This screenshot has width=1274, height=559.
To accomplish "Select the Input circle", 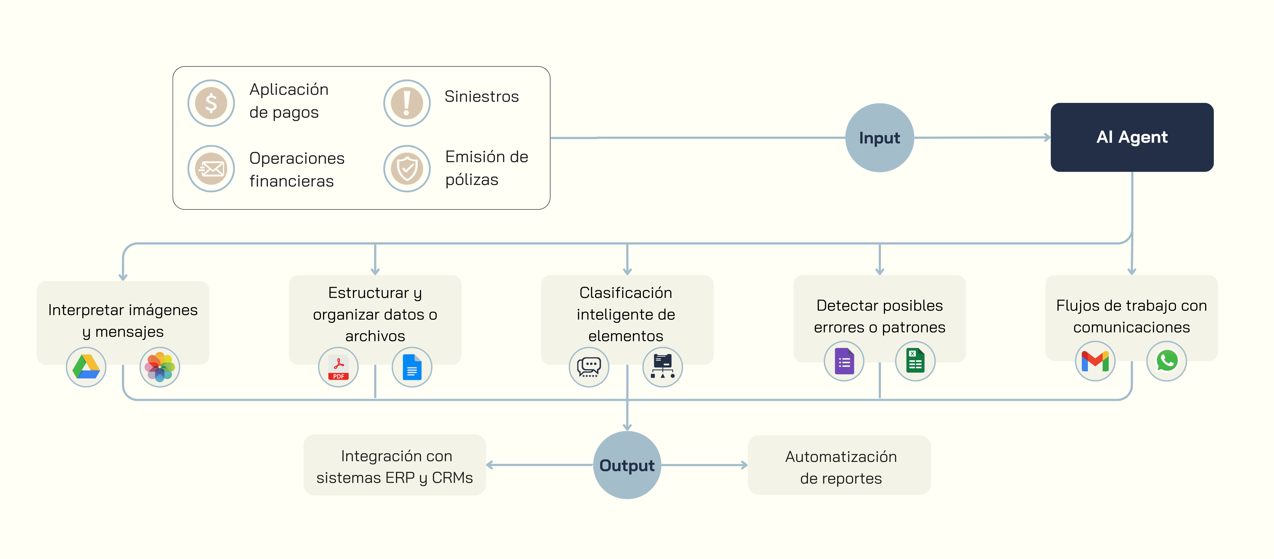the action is point(879,137).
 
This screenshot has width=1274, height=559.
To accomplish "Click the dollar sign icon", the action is point(211,103).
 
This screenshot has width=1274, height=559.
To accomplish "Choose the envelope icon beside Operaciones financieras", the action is point(211,169).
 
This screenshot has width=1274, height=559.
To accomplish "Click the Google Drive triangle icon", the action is point(86,367).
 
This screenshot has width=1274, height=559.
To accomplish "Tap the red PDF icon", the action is point(338,367).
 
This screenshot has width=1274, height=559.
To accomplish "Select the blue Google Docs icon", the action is point(412,367).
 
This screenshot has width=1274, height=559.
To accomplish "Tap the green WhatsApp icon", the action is point(1167,361).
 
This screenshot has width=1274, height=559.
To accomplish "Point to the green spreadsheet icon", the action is point(915,361).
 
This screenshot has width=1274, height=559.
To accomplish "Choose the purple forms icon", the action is point(844,361).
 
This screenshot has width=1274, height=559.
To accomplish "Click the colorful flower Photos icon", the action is point(160,367).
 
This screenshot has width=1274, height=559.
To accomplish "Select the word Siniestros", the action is point(482,97).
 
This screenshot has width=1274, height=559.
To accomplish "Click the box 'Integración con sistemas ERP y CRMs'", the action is point(395,465).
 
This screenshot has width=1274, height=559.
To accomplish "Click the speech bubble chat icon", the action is point(589,367).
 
